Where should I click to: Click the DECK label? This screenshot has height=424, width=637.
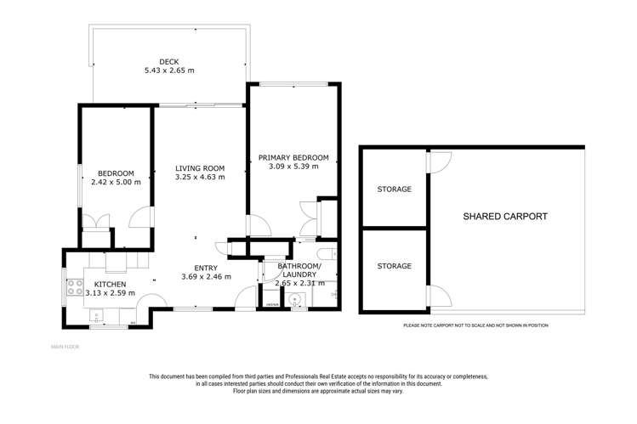pyautogui.click(x=168, y=60)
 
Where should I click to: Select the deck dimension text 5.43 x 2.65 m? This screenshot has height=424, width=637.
pyautogui.click(x=168, y=71)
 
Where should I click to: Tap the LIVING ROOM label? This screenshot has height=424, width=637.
pyautogui.click(x=200, y=167)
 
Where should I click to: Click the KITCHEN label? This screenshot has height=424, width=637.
pyautogui.click(x=110, y=284)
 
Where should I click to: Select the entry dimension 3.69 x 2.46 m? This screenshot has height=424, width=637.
pyautogui.click(x=206, y=277)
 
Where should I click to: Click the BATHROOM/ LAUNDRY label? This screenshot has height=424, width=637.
pyautogui.click(x=299, y=270)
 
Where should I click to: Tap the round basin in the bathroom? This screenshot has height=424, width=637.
pyautogui.click(x=293, y=298)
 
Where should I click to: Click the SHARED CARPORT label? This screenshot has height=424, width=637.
pyautogui.click(x=504, y=217)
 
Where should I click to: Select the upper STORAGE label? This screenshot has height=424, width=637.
pyautogui.click(x=394, y=189)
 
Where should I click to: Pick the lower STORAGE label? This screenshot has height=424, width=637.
pyautogui.click(x=394, y=266)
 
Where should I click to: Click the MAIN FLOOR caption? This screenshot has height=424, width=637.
pyautogui.click(x=65, y=347)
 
